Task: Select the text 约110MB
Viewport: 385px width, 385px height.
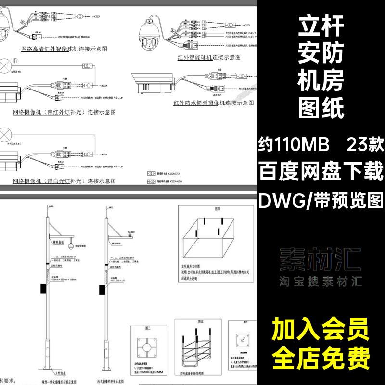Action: [x=294, y=143]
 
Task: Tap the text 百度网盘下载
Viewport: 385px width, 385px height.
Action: [x=321, y=171]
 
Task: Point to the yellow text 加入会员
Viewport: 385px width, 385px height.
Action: [x=321, y=331]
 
